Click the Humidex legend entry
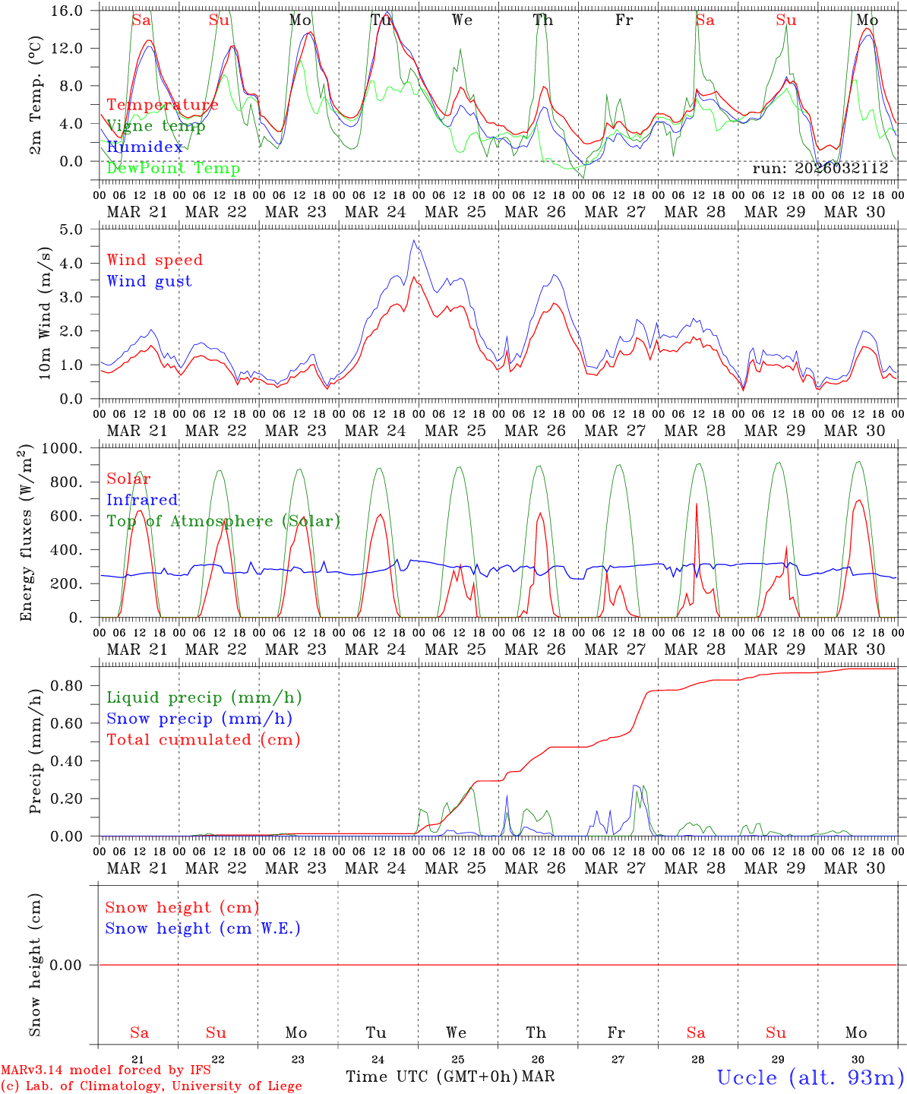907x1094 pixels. pyautogui.click(x=144, y=147)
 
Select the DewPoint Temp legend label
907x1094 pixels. pyautogui.click(x=173, y=168)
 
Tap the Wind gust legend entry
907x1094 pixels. pyautogui.click(x=149, y=281)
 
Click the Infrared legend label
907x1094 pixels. pyautogui.click(x=142, y=500)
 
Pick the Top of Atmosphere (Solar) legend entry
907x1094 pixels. pyautogui.click(x=223, y=521)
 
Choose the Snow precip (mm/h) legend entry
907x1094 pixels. pyautogui.click(x=199, y=719)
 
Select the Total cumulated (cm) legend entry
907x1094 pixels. pyautogui.click(x=203, y=739)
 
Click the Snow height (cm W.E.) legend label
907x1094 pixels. pyautogui.click(x=202, y=928)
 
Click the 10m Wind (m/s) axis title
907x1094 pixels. pyautogui.click(x=45, y=312)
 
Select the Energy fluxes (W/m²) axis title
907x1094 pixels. pyautogui.click(x=26, y=532)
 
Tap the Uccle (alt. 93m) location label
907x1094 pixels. pyautogui.click(x=810, y=1077)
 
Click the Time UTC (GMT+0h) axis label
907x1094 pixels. pyautogui.click(x=431, y=1077)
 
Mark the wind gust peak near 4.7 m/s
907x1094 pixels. pyautogui.click(x=414, y=241)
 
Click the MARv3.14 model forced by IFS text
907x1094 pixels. pyautogui.click(x=106, y=1070)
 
